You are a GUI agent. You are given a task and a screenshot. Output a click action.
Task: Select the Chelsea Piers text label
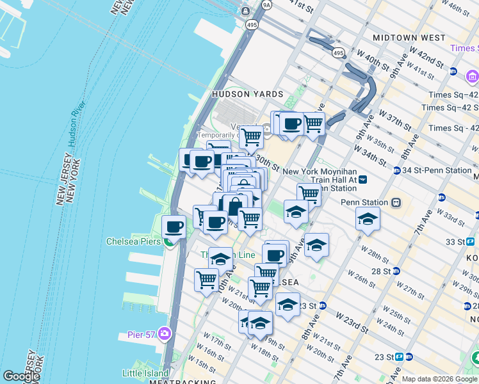[133, 241]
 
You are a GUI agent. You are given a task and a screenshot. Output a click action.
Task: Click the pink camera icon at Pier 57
[165, 333]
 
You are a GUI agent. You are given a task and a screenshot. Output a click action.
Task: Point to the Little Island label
[146, 373]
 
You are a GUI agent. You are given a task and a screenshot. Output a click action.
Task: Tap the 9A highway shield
[266, 4]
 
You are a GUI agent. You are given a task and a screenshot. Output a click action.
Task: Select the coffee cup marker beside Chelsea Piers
[174, 226]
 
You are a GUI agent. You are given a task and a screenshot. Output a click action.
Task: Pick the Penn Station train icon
[396, 203]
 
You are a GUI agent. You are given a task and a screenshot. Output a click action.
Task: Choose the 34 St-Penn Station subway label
[440, 171]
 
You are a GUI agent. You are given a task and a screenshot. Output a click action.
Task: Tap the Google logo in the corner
[21, 376]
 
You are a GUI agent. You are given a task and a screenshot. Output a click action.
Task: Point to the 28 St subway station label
[380, 271]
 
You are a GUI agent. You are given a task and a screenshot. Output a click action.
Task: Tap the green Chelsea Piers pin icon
[168, 241]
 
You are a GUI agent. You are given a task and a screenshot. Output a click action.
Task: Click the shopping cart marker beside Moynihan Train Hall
[309, 193]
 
